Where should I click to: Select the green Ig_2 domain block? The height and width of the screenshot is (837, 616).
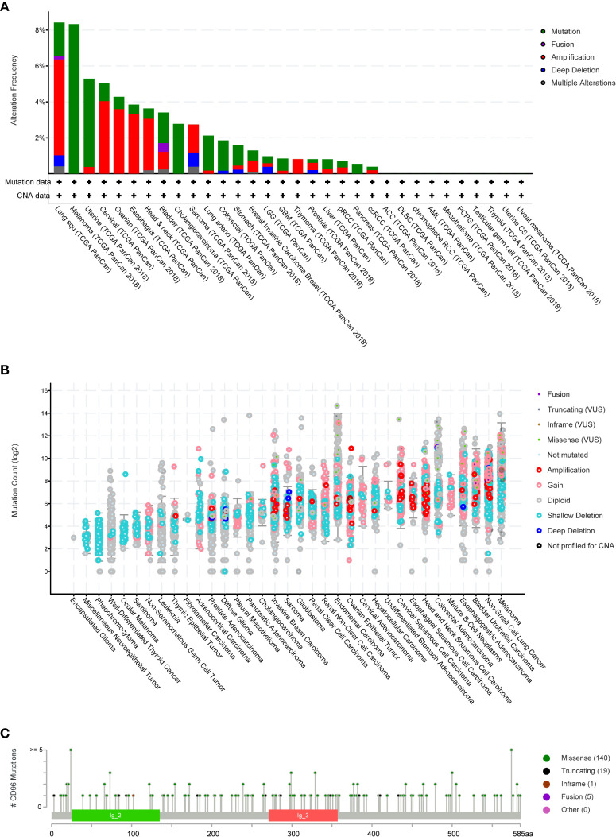click(115, 815)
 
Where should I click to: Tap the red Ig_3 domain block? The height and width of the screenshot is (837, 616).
click(303, 815)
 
